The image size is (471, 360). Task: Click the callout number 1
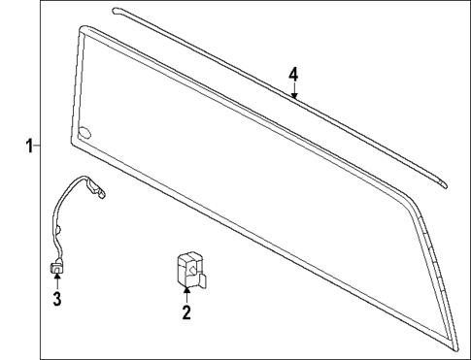click(30, 146)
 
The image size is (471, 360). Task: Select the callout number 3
click(56, 298)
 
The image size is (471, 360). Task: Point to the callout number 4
click(292, 75)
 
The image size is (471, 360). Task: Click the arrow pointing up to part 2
click(186, 293)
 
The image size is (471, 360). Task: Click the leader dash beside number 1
click(39, 146)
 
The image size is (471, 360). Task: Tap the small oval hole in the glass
click(85, 133)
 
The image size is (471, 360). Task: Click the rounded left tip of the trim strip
click(116, 11)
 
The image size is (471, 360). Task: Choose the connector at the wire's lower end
click(56, 264)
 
